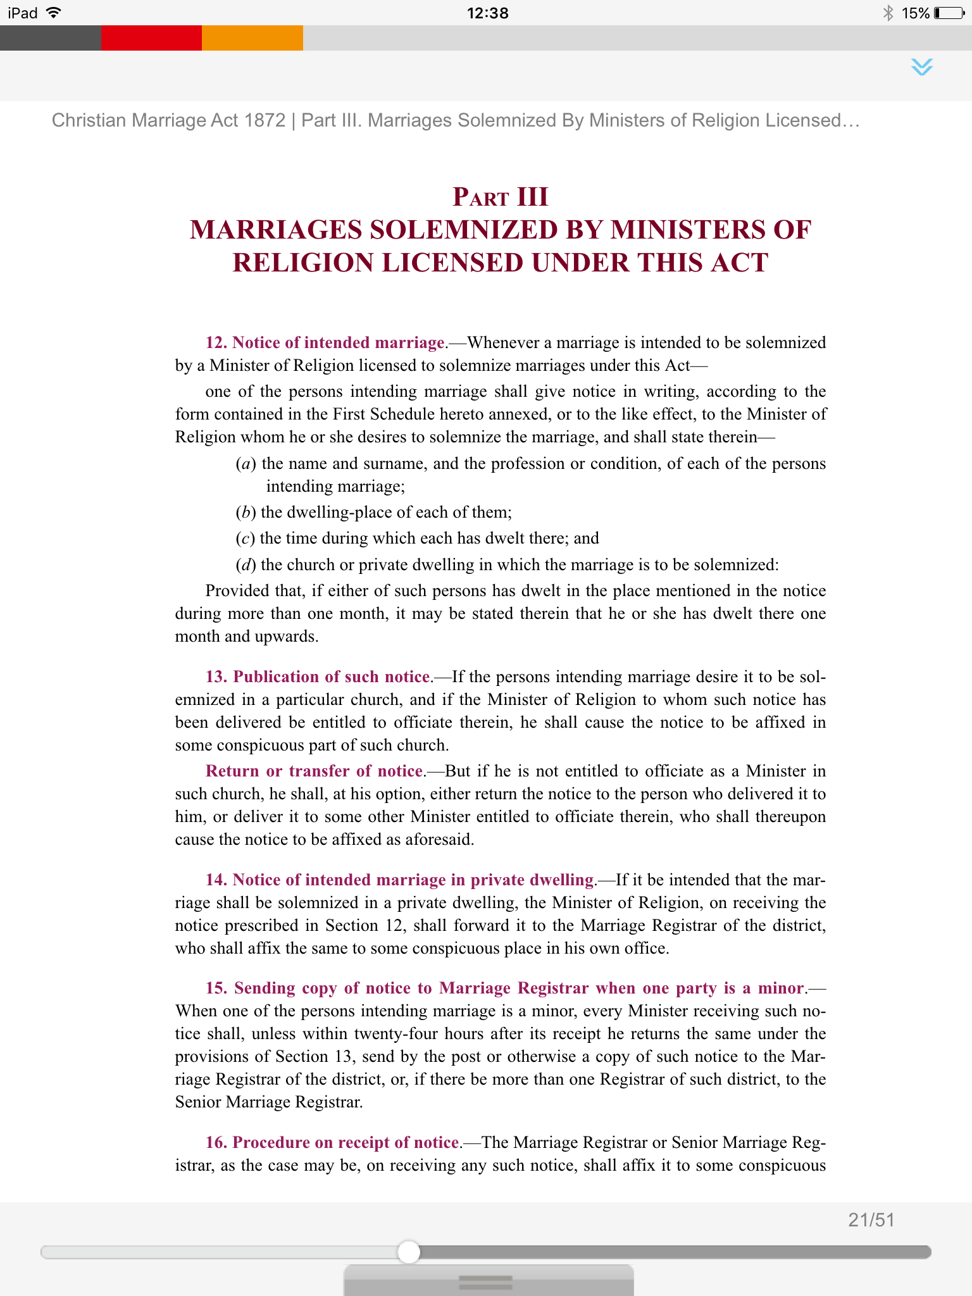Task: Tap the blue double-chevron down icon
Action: point(922,67)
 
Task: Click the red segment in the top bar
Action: point(151,38)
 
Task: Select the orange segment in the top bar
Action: point(252,38)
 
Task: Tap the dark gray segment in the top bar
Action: point(50,38)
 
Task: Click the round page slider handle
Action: point(409,1252)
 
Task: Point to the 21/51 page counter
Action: point(871,1219)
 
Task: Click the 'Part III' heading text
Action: point(500,197)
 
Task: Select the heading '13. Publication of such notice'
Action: point(318,676)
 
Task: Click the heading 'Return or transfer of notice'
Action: point(315,771)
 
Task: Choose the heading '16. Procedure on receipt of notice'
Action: point(333,1142)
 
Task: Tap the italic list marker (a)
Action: point(246,464)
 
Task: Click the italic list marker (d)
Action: point(246,565)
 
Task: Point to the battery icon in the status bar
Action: point(949,13)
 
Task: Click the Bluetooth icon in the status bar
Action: point(888,13)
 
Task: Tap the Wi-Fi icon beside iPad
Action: point(54,13)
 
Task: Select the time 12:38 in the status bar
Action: point(487,13)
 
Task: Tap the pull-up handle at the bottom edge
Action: point(486,1282)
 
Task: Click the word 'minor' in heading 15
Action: point(781,988)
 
